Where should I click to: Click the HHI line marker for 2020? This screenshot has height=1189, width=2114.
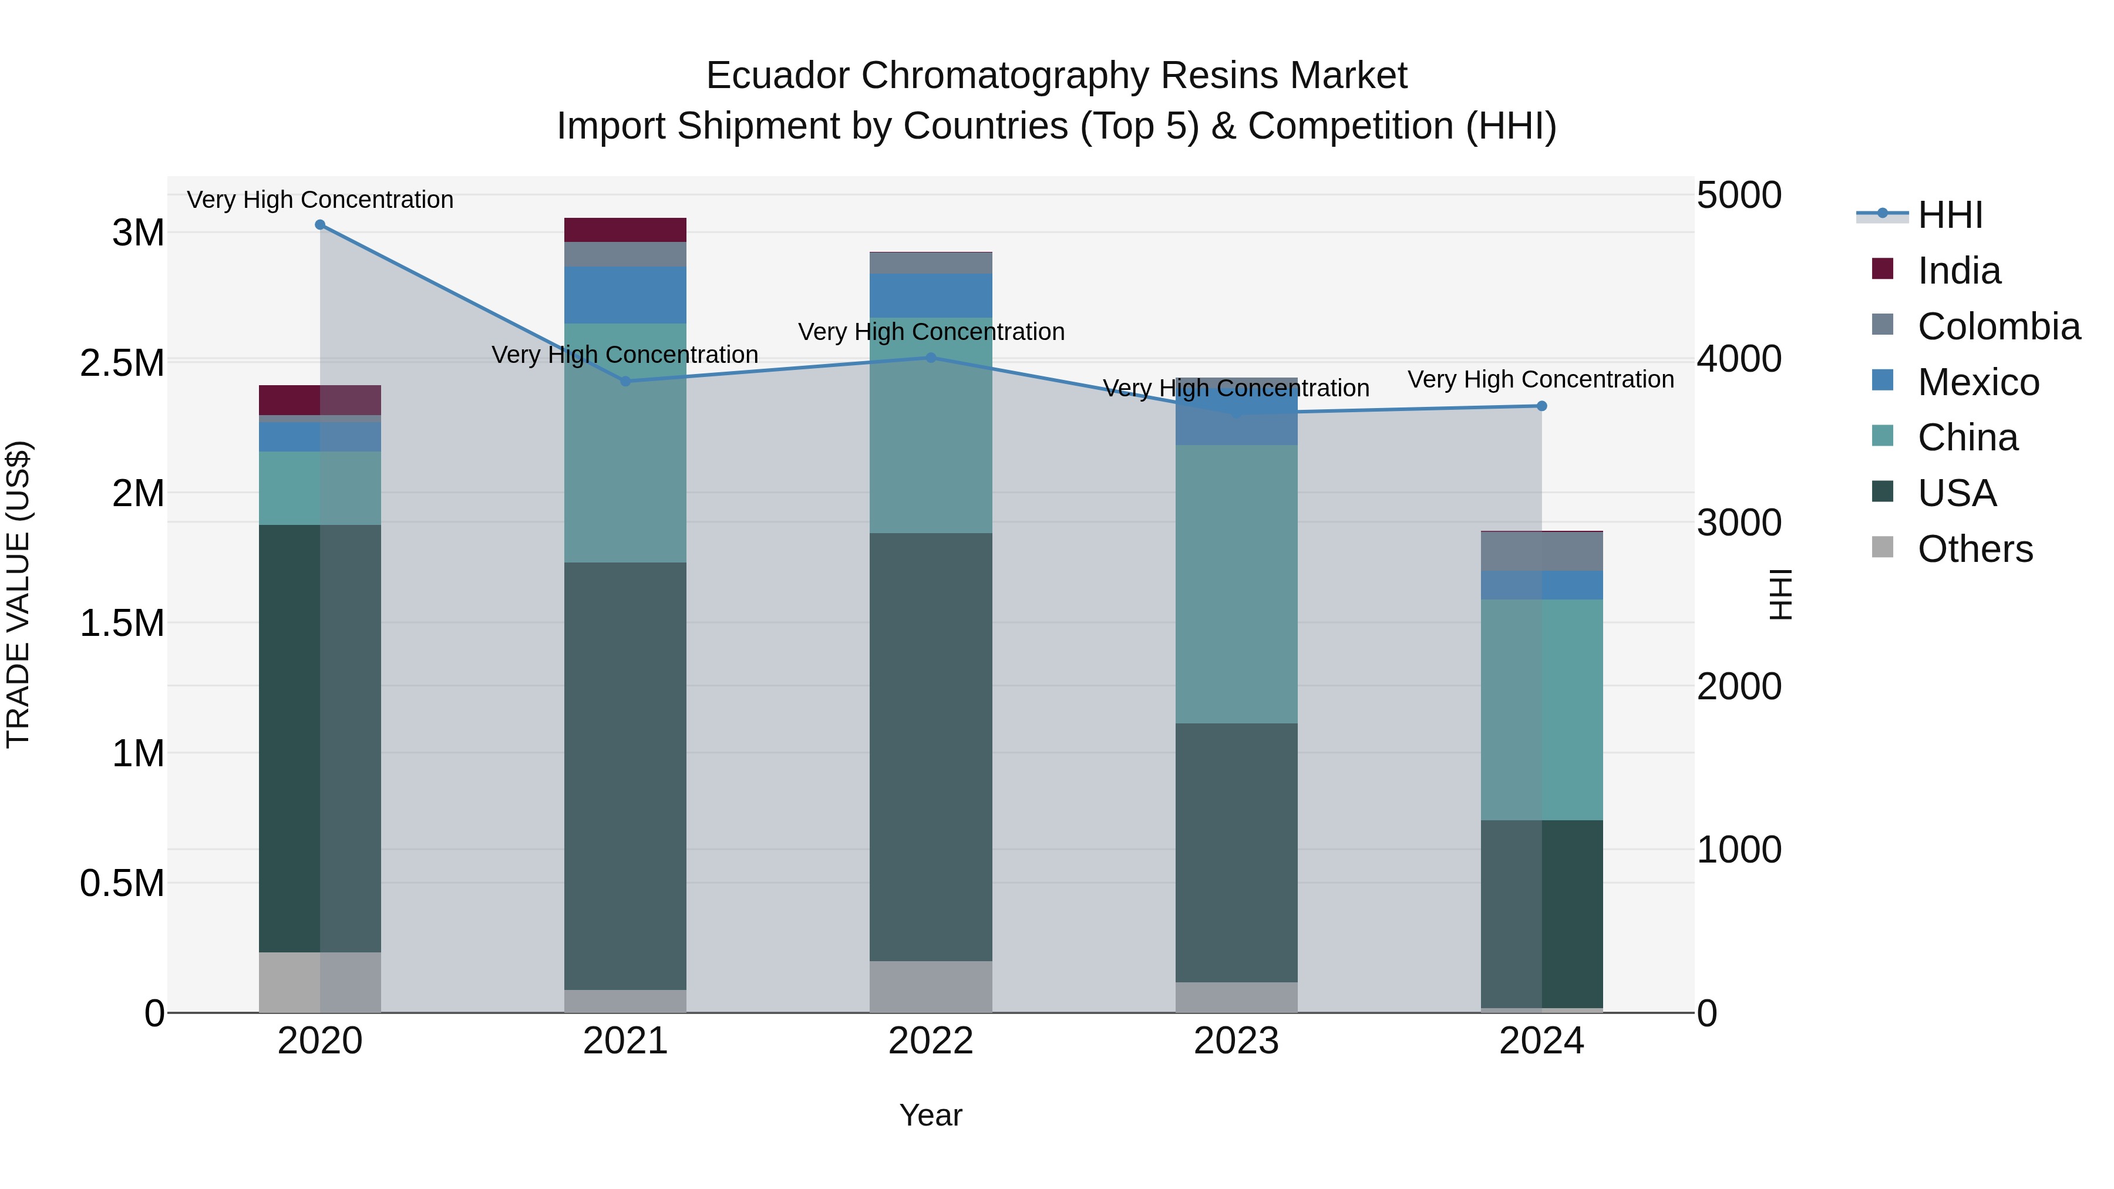[320, 225]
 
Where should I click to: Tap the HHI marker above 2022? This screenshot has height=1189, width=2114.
[931, 358]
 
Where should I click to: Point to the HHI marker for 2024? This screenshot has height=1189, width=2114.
[1541, 406]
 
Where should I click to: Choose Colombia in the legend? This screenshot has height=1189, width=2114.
[1998, 326]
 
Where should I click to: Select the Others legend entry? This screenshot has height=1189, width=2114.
[1974, 549]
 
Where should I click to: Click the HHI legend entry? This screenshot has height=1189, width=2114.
[1949, 215]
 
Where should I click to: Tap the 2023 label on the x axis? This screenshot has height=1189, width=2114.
[1236, 1041]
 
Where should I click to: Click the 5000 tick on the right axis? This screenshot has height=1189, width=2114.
[1738, 196]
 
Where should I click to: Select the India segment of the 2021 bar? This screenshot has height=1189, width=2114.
[625, 230]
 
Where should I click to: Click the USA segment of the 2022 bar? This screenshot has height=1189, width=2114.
[931, 747]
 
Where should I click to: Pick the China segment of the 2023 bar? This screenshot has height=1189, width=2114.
[1236, 584]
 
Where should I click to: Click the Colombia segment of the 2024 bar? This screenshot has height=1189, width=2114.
[1541, 551]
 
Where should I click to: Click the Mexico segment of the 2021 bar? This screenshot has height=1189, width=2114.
[625, 295]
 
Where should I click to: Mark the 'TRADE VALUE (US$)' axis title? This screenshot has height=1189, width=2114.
[18, 594]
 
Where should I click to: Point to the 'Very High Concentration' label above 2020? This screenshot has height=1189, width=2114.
[320, 200]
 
